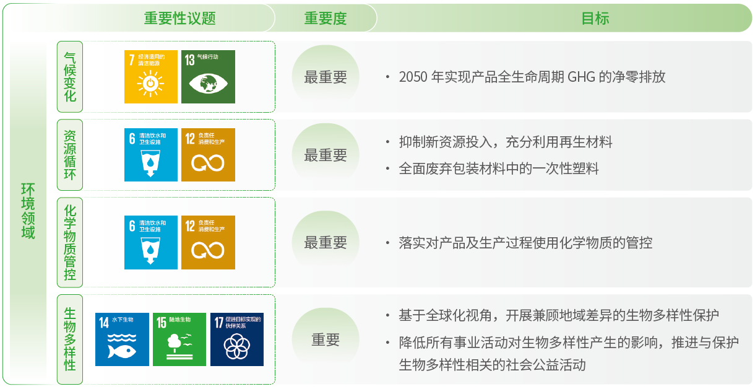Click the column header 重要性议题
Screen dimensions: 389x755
[x=179, y=18]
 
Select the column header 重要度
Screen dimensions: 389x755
[x=325, y=18]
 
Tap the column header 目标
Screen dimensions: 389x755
[x=595, y=18]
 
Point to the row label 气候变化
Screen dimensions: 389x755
[x=70, y=77]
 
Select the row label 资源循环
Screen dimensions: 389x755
[x=70, y=155]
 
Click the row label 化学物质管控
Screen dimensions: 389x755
[x=70, y=242]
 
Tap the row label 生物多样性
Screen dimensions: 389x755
[x=70, y=339]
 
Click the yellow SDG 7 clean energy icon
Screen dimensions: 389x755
[x=150, y=77]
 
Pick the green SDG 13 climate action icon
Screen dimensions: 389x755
[x=208, y=77]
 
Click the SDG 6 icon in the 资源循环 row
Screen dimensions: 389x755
[x=150, y=155]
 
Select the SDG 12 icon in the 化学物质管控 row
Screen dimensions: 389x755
[x=208, y=242]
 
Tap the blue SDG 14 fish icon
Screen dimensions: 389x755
[x=122, y=339]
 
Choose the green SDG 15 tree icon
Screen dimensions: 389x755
[x=179, y=339]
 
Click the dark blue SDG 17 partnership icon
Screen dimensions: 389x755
[x=237, y=339]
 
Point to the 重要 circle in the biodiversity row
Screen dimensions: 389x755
[x=325, y=339]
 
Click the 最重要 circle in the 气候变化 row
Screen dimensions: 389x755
[x=325, y=77]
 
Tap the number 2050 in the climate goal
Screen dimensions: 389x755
[x=413, y=77]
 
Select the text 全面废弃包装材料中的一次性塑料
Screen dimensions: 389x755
[x=499, y=168]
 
